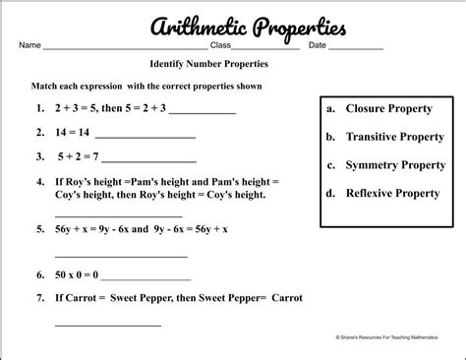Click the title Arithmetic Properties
(232, 26)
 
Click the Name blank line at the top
(123, 47)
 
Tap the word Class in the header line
(222, 45)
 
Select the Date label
(318, 45)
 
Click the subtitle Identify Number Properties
(203, 65)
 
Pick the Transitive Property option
(385, 137)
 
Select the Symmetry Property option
(385, 165)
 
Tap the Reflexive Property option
(382, 194)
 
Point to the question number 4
(39, 181)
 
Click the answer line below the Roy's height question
(118, 214)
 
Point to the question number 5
(39, 228)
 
